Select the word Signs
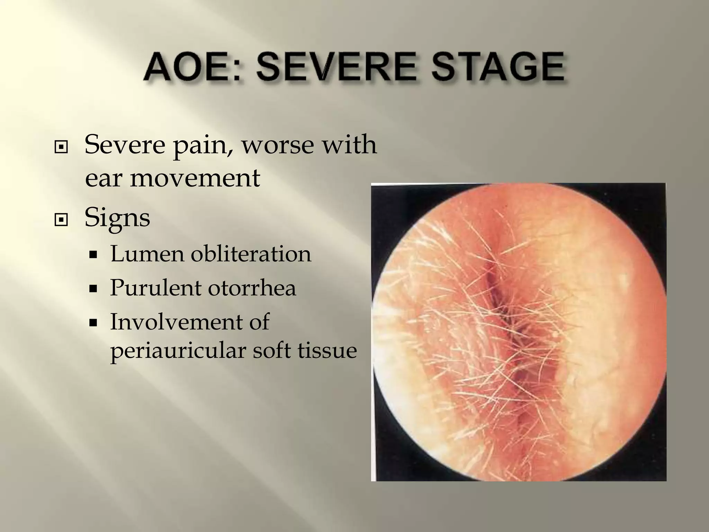pyautogui.click(x=117, y=218)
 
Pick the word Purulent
pyautogui.click(x=155, y=288)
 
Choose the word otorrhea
pyautogui.click(x=252, y=288)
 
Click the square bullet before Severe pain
pyautogui.click(x=61, y=148)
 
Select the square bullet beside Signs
pyautogui.click(x=61, y=220)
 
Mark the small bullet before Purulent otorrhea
pyautogui.click(x=92, y=289)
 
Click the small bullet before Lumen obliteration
pyautogui.click(x=92, y=255)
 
